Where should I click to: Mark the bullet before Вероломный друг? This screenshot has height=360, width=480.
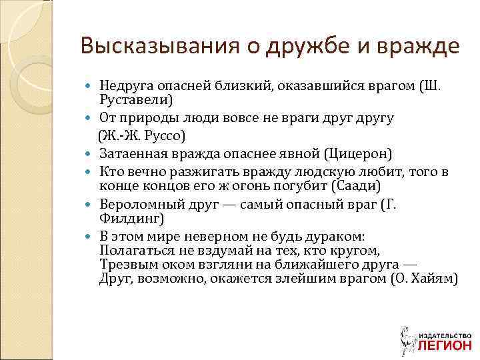click(91, 204)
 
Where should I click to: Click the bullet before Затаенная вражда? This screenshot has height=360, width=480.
click(91, 154)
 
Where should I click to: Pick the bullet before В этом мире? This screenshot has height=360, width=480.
click(91, 237)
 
